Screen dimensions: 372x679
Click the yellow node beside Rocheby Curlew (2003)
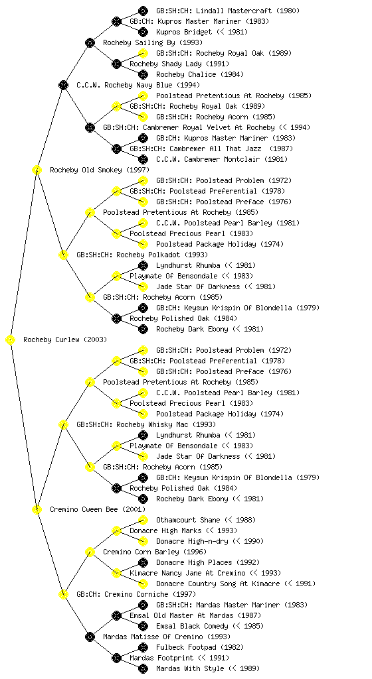coord(11,340)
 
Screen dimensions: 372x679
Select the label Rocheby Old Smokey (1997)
coord(99,170)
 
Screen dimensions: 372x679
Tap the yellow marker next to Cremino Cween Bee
coord(37,510)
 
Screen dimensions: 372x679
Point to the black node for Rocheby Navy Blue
coord(63,86)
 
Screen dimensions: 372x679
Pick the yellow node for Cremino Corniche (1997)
coord(63,595)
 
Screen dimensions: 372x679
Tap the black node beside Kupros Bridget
coord(143,32)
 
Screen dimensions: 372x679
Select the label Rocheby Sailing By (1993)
coord(153,43)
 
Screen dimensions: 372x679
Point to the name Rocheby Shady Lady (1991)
coord(179,64)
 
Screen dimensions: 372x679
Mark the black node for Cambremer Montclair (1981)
coord(143,159)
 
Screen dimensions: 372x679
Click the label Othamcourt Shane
coord(188,520)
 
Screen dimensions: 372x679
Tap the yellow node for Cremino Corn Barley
coord(90,552)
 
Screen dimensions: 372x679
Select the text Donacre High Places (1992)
coord(208,562)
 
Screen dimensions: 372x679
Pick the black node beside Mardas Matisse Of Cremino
coord(90,637)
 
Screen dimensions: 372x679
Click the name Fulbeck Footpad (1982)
coord(200,647)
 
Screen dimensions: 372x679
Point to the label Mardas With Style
coord(190,668)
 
